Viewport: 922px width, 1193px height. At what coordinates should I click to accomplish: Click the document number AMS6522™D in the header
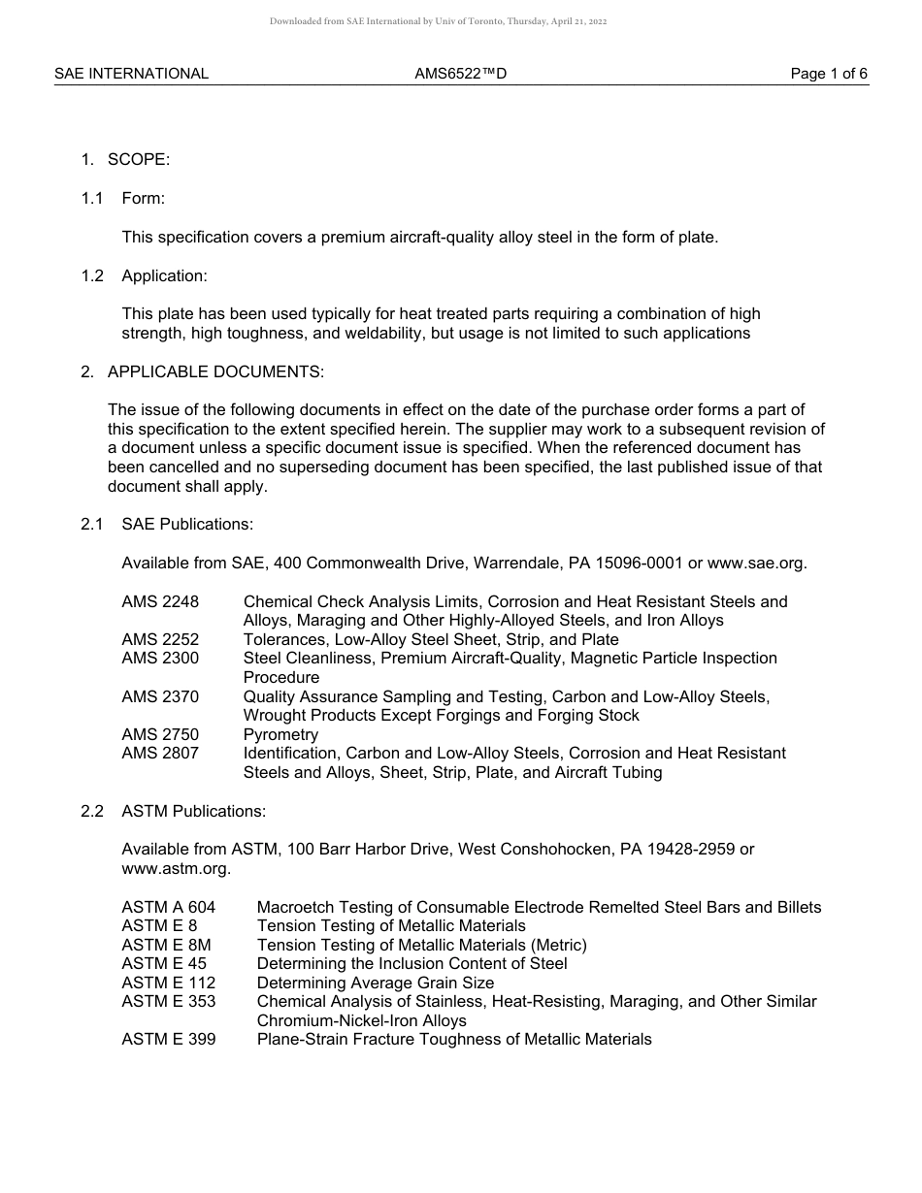[x=460, y=74]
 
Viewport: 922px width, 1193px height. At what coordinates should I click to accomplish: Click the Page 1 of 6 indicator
[x=829, y=74]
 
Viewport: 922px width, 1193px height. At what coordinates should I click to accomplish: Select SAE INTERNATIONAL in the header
[x=131, y=74]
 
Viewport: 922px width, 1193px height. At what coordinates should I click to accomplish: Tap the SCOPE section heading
[x=138, y=160]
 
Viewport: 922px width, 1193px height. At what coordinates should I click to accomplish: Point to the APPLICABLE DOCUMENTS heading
[x=215, y=371]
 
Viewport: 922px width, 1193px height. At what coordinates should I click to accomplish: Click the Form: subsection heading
[x=143, y=199]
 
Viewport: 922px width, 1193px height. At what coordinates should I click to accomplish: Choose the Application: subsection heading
[x=164, y=276]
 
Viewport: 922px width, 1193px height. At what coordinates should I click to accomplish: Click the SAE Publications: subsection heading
[x=187, y=525]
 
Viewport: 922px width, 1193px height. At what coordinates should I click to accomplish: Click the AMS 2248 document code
[x=160, y=602]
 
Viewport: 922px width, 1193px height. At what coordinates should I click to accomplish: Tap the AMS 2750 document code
[x=160, y=735]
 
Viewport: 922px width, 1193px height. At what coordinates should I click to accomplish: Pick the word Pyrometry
[x=280, y=735]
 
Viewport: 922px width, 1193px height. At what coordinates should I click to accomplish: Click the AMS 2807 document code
[x=160, y=754]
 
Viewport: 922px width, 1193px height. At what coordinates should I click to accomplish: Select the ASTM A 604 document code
[x=169, y=908]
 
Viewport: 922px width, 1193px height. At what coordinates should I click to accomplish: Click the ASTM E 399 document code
[x=169, y=1040]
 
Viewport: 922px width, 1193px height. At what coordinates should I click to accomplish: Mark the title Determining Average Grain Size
[x=376, y=983]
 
